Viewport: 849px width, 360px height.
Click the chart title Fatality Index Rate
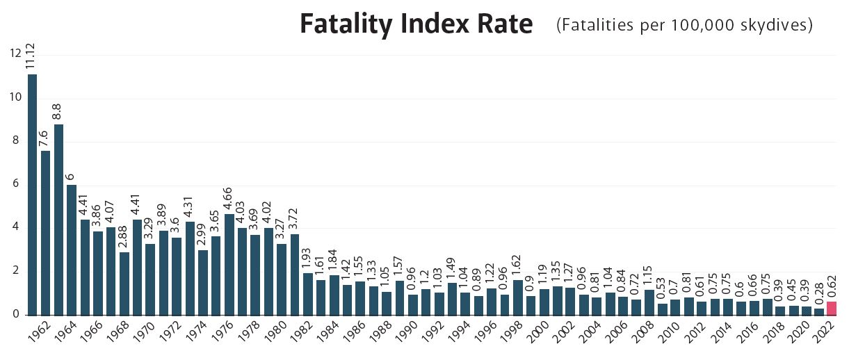pos(416,25)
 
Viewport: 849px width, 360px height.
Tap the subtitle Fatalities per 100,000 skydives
pos(685,26)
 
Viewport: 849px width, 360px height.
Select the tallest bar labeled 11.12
pos(33,194)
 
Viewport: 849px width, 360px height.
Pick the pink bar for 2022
pos(832,308)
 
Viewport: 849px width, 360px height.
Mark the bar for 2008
pos(649,302)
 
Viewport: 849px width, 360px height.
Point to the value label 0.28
pos(819,295)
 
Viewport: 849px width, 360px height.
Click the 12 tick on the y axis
pos(14,54)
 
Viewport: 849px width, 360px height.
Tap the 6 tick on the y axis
pos(14,185)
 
